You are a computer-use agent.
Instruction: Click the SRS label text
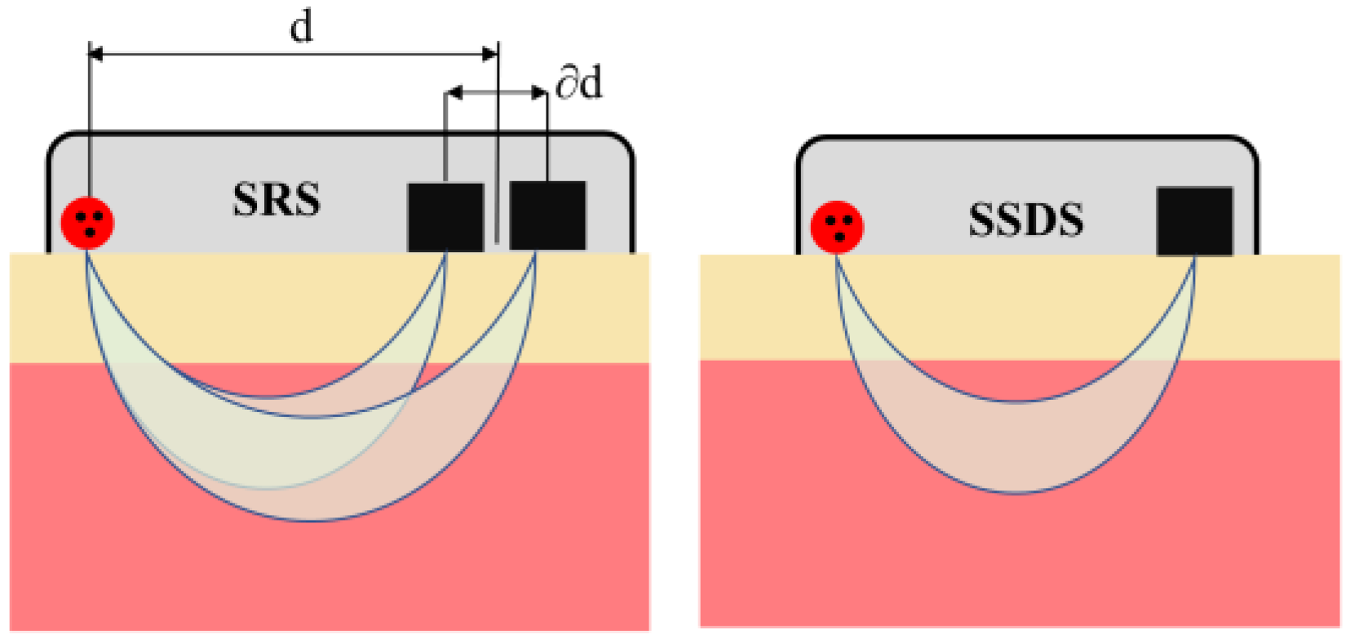coord(277,200)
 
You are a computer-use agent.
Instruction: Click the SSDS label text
coord(1026,220)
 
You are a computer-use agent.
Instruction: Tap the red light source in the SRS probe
coord(88,223)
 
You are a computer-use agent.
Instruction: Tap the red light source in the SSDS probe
coord(837,226)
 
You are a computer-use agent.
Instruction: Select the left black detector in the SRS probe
coord(445,216)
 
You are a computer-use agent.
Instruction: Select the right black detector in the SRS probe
coord(547,215)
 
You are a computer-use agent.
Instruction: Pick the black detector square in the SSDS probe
coord(1194,221)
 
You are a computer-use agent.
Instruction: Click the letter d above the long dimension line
coord(301,27)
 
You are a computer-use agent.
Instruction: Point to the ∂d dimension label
coord(579,83)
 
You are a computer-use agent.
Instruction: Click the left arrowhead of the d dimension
coord(95,55)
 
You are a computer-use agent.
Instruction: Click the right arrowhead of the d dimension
coord(490,55)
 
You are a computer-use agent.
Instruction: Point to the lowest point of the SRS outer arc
coord(314,520)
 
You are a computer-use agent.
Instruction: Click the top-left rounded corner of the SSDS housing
coord(806,146)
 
